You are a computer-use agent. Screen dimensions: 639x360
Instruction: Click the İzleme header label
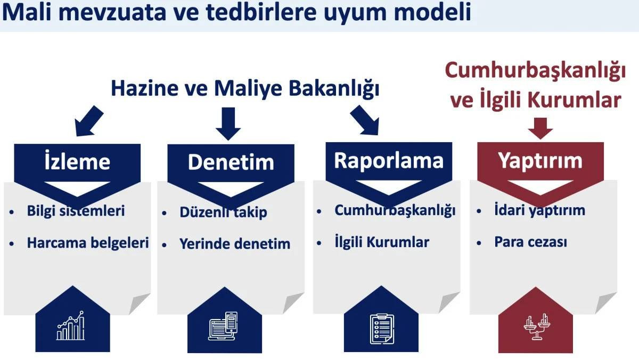pyautogui.click(x=77, y=161)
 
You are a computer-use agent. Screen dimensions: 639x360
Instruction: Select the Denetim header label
pyautogui.click(x=231, y=162)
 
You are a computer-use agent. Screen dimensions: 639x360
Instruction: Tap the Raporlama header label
pyautogui.click(x=389, y=161)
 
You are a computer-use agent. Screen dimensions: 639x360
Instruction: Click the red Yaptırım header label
pyautogui.click(x=540, y=161)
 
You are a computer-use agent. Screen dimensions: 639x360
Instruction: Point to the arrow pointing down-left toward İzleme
pyautogui.click(x=88, y=121)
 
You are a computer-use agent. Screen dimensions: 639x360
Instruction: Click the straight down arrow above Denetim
pyautogui.click(x=228, y=124)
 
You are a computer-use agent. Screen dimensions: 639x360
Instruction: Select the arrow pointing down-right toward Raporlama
pyautogui.click(x=365, y=120)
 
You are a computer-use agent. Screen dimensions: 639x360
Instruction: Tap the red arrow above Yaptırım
pyautogui.click(x=540, y=128)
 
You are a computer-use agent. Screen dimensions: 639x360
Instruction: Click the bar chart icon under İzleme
pyautogui.click(x=71, y=325)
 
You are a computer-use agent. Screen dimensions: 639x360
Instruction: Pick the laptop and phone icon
pyautogui.click(x=223, y=326)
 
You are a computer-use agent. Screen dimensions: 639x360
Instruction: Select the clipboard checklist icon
pyautogui.click(x=382, y=329)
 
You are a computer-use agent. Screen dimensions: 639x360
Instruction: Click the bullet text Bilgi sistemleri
pyautogui.click(x=76, y=211)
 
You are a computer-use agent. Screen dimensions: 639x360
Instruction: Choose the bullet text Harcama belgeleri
pyautogui.click(x=88, y=243)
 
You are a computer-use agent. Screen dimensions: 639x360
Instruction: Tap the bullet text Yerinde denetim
pyautogui.click(x=235, y=244)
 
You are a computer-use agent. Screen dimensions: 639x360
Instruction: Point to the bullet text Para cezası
pyautogui.click(x=530, y=242)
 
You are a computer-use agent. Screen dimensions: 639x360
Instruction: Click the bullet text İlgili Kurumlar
pyautogui.click(x=382, y=242)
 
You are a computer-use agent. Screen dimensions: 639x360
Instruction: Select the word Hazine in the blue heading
pyautogui.click(x=145, y=88)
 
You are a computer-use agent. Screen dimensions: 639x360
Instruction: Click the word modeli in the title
pyautogui.click(x=432, y=13)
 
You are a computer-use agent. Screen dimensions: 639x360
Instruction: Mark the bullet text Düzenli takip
pyautogui.click(x=223, y=212)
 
